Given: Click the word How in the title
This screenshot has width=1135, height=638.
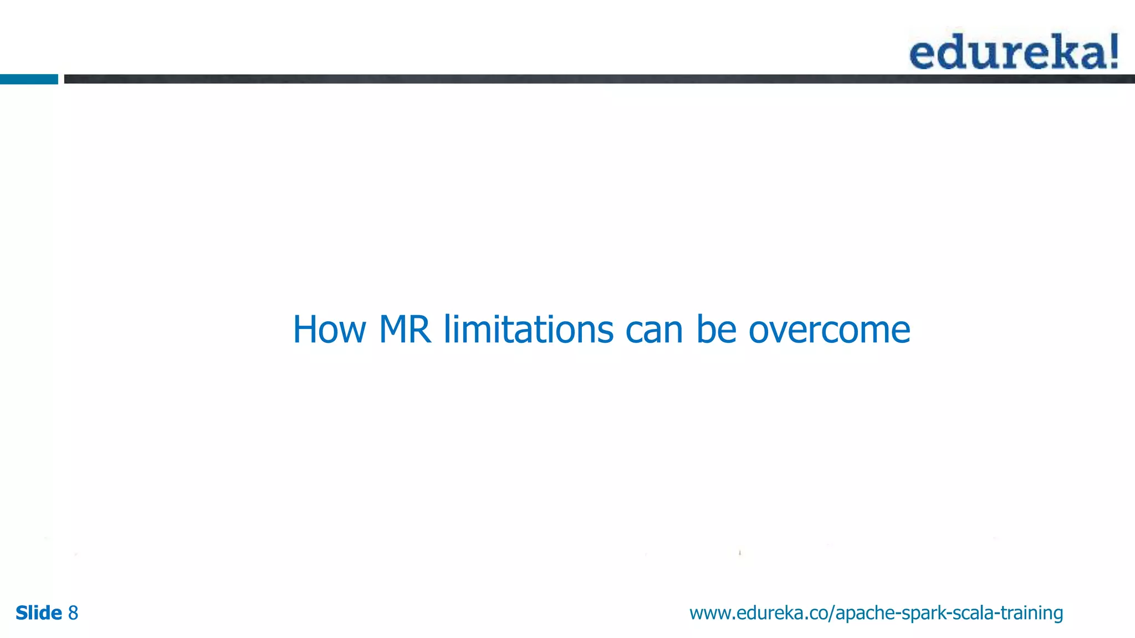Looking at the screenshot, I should click(x=329, y=330).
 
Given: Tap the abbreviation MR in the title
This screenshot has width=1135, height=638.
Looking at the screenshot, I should click(x=405, y=330).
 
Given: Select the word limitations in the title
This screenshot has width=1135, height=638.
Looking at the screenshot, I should click(x=528, y=330).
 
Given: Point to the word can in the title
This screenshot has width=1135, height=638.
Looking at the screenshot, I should click(x=654, y=330).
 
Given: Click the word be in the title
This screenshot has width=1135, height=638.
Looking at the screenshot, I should click(x=716, y=330).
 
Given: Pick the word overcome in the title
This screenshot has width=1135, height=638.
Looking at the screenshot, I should click(x=829, y=330).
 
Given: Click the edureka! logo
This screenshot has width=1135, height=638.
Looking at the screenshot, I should click(x=1014, y=52).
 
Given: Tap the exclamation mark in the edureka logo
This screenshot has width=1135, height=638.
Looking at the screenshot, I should click(x=1112, y=52).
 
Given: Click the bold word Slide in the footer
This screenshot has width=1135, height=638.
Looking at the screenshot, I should click(x=39, y=613).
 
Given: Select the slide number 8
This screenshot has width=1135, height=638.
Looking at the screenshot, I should click(x=73, y=613).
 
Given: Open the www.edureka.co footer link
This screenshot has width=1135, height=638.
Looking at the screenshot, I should click(x=876, y=613).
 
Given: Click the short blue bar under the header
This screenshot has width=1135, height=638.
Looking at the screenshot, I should click(x=29, y=79).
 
